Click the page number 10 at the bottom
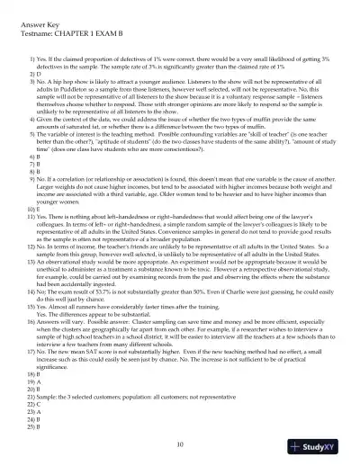coord(180,444)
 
